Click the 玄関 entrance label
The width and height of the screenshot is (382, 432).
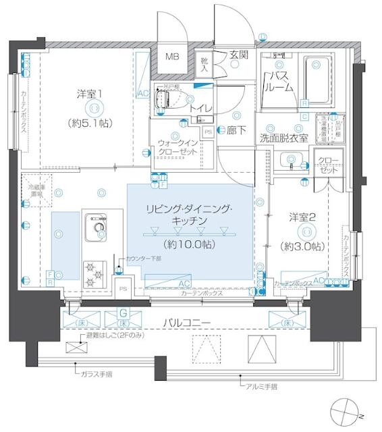click(238, 55)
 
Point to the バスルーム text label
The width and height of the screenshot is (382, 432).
click(280, 82)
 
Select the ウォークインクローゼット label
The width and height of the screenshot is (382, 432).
click(178, 147)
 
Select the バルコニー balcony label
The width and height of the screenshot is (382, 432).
click(188, 323)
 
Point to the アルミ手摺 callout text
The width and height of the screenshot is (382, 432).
click(261, 387)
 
